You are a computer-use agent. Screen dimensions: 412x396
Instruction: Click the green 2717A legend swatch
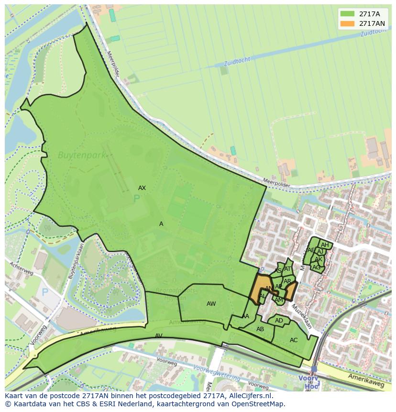[x=348, y=14]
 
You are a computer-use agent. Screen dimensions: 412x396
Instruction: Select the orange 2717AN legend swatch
[x=348, y=23]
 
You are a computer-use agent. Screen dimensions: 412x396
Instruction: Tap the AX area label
[x=142, y=188]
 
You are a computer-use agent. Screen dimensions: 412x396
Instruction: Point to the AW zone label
[x=211, y=304]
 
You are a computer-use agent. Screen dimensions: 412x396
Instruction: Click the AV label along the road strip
[x=159, y=336]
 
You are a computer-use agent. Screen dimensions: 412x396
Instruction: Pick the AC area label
[x=294, y=340]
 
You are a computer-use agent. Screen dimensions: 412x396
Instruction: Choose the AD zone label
[x=279, y=321]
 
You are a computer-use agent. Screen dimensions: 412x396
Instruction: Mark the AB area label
[x=260, y=329]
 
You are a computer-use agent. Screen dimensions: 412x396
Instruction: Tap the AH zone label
[x=325, y=245]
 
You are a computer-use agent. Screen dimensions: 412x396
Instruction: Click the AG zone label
[x=316, y=267]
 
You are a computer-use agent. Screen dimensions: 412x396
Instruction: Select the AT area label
[x=287, y=269]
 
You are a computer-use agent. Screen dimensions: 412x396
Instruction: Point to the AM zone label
[x=279, y=300]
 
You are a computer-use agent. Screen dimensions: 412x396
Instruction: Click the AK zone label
[x=318, y=259]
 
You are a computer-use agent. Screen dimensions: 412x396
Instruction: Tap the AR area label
[x=287, y=281]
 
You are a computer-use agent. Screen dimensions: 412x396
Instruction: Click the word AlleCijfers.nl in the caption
[x=248, y=396]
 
